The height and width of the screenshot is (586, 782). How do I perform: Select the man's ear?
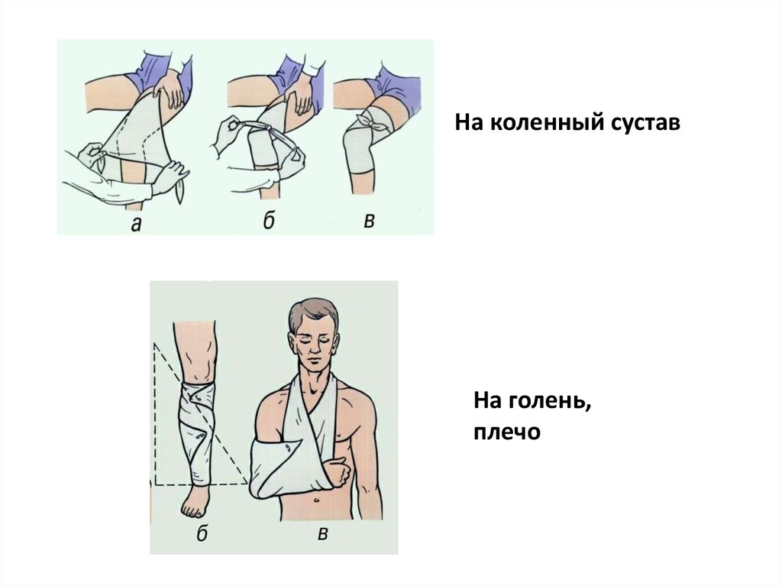(291, 342)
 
